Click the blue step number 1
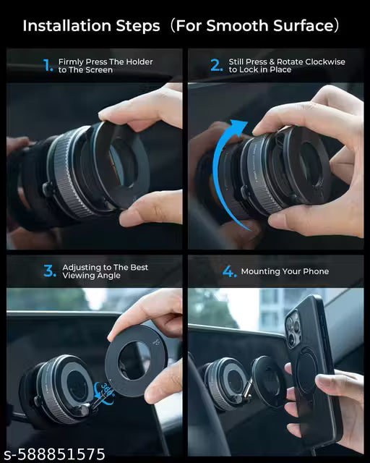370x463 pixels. (x=48, y=65)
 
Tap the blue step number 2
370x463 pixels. (x=216, y=65)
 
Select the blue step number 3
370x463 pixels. (x=49, y=271)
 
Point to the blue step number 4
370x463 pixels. (x=229, y=271)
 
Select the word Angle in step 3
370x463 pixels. (x=110, y=276)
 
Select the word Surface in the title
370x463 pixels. (x=304, y=26)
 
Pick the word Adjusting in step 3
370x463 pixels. (x=81, y=268)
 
